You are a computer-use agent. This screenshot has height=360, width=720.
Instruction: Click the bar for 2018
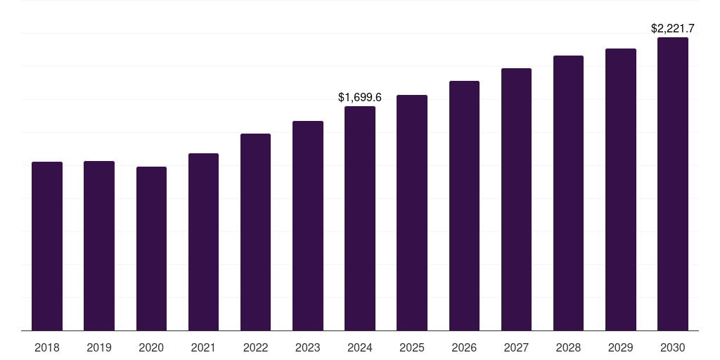(47, 246)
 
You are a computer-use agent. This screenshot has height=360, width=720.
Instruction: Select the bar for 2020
(151, 248)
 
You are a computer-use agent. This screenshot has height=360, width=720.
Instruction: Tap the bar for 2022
(255, 232)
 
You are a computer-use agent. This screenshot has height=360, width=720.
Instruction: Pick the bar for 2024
(360, 218)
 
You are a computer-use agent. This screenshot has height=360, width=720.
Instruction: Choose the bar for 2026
(464, 205)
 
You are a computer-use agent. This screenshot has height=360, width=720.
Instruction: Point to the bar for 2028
(568, 193)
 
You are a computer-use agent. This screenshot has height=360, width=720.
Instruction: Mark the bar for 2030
(673, 184)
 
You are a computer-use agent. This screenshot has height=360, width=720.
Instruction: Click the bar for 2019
(99, 245)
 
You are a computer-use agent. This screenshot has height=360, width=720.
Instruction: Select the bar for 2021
(203, 242)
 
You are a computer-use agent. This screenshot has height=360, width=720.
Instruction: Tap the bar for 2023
(308, 226)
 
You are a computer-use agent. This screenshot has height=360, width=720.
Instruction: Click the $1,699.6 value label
(360, 97)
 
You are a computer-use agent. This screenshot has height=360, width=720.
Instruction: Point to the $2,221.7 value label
(673, 29)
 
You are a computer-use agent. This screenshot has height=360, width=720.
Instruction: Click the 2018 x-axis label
(47, 347)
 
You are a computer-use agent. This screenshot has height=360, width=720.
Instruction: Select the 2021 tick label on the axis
(203, 347)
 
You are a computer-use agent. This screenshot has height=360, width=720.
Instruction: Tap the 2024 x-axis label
(360, 347)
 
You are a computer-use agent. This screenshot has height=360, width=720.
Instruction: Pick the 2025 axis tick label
(412, 347)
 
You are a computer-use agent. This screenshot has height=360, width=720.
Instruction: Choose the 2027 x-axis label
(516, 347)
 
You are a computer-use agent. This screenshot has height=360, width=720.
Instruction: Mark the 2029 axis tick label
(621, 347)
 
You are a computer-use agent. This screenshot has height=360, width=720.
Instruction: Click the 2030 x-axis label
(673, 347)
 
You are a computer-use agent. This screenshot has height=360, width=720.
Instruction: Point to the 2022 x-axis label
(255, 347)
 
